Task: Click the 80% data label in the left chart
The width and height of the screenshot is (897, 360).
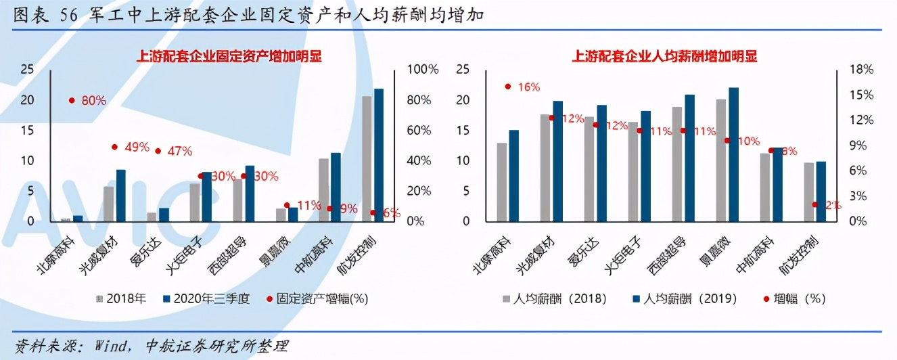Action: pyautogui.click(x=93, y=100)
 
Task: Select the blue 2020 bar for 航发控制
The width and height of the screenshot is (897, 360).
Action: pyautogui.click(x=378, y=155)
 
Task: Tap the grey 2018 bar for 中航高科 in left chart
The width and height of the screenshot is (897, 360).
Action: pyautogui.click(x=323, y=189)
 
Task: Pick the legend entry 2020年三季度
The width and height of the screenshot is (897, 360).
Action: pyautogui.click(x=206, y=298)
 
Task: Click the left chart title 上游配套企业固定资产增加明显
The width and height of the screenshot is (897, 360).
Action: pyautogui.click(x=229, y=56)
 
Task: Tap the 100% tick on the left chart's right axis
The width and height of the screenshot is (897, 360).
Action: pyautogui.click(x=423, y=69)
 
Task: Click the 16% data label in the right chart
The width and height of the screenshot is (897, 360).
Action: pyautogui.click(x=528, y=87)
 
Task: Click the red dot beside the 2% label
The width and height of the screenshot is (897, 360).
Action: pyautogui.click(x=814, y=204)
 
